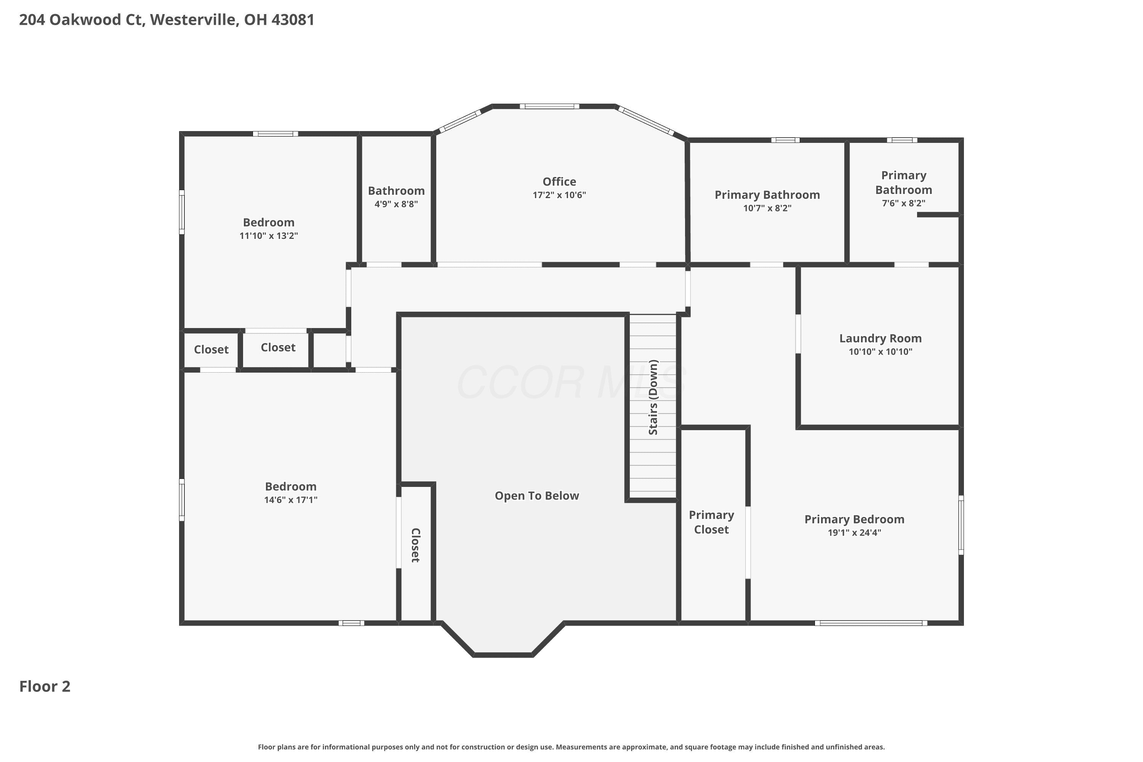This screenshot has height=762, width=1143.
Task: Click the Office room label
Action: coord(559,182)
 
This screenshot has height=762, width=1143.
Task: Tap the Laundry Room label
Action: coord(880,338)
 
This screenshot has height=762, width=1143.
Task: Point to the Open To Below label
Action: coord(537,496)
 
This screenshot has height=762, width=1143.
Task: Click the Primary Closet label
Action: coord(711,522)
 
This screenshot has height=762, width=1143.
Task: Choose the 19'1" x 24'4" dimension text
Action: coord(854,533)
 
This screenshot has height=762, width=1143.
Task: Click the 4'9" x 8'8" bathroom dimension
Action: coord(396,204)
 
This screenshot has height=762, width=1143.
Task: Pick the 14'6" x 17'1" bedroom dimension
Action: coord(291,500)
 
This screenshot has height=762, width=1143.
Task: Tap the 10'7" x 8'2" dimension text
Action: coord(767,208)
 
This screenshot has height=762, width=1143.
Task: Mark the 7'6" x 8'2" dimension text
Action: coord(903,203)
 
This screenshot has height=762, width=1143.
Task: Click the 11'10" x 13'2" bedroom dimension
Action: coord(269,236)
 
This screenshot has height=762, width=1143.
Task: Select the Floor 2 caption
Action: coord(45,686)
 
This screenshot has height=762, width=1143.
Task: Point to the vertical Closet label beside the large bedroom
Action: coord(416,545)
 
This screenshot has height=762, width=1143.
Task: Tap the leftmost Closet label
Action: coord(211,349)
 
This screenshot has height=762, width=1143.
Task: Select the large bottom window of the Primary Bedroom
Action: coord(871,623)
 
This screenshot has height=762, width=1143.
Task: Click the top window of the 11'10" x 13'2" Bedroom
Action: coord(275,134)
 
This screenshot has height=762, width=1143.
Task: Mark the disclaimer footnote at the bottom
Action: coord(571,747)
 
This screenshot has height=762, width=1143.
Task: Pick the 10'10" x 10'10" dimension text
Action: coord(880,352)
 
